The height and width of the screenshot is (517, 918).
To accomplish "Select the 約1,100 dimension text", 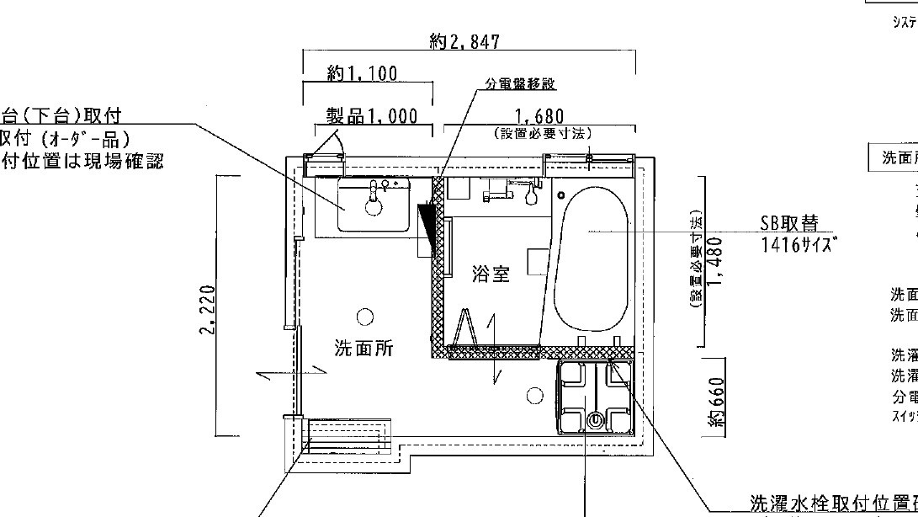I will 362,74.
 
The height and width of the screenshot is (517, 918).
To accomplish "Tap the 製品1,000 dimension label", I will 371,116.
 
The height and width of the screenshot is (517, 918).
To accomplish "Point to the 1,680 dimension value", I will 539,116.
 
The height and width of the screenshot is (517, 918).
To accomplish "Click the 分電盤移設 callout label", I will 521,84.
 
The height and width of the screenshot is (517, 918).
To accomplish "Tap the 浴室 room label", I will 490,274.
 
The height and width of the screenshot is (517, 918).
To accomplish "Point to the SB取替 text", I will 788,224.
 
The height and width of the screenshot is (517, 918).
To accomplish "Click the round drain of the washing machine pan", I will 597,418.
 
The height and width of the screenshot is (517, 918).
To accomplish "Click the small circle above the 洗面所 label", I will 364,317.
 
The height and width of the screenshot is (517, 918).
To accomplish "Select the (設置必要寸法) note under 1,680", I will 543,134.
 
